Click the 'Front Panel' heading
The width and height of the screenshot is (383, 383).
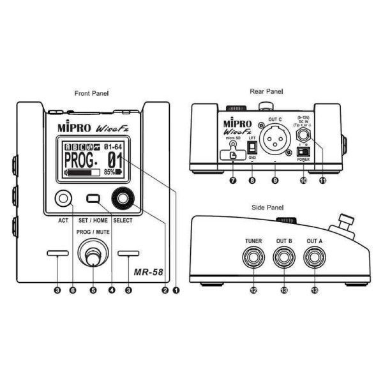[x=91, y=93]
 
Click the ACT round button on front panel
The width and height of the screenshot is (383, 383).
[x=63, y=199]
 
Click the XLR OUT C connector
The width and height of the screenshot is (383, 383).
[x=274, y=141]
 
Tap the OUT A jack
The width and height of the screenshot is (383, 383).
[x=314, y=259]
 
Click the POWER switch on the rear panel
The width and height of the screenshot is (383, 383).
[x=303, y=154]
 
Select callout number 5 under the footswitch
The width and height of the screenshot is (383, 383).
[x=93, y=290]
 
